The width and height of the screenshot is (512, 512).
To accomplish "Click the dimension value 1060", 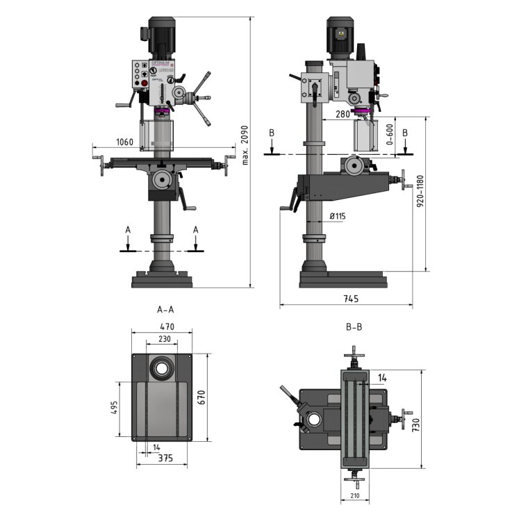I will (x=125, y=142).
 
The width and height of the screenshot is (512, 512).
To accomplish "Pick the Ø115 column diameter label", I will (x=337, y=217).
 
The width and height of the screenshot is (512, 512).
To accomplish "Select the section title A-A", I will (x=166, y=311).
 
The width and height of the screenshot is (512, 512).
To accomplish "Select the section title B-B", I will (x=354, y=327).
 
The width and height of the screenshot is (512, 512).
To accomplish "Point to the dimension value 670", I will (x=201, y=397).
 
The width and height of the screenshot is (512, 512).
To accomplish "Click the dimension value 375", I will (x=164, y=458).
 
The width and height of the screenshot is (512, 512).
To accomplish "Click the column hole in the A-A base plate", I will (x=163, y=367).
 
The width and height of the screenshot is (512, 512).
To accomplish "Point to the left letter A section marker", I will (x=127, y=229).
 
